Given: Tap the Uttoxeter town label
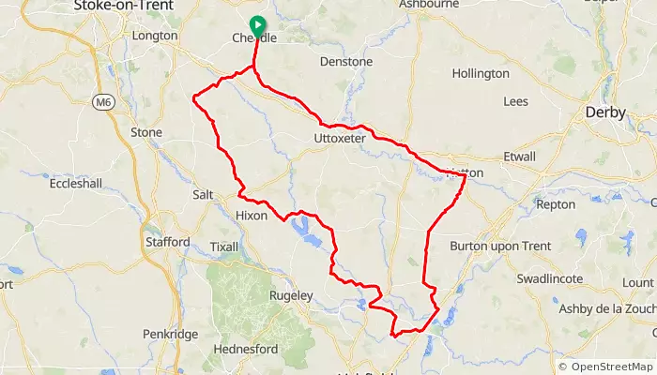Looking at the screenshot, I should click(339, 138).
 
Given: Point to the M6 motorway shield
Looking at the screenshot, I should click(102, 101).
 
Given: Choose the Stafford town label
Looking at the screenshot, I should click(167, 242).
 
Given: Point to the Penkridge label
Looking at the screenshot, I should click(170, 334).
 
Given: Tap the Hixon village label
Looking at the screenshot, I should click(251, 216).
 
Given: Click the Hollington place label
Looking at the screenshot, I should click(481, 73).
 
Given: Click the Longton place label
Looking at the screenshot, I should click(155, 36).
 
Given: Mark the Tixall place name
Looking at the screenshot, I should click(225, 247).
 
